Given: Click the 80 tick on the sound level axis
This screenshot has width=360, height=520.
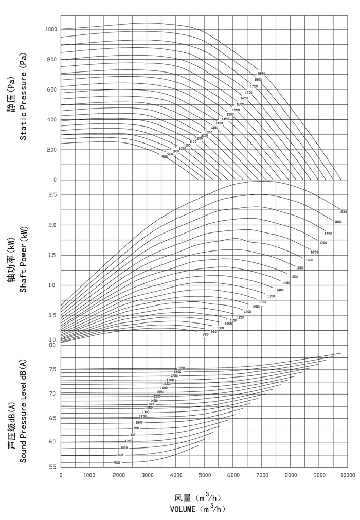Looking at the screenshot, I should [52, 345].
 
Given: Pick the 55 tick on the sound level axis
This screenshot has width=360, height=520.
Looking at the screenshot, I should [52, 467].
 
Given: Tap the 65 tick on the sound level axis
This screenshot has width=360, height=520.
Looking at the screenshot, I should [52, 418].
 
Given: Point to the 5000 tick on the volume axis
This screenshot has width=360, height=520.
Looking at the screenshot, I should [204, 475].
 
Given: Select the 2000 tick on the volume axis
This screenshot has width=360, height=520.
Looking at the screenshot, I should [118, 475].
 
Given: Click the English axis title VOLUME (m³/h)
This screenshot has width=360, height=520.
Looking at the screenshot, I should [198, 509].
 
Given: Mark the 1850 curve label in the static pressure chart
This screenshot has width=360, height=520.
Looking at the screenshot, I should [261, 74].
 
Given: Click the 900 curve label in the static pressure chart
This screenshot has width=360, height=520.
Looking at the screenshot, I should [164, 156].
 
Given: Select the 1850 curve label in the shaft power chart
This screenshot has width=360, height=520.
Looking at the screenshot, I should [343, 212].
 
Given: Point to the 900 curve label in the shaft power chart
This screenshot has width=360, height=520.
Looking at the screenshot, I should [205, 334].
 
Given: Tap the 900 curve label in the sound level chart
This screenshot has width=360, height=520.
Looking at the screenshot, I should [117, 463].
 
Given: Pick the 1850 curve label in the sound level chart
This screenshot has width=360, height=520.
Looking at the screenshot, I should [181, 368].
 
